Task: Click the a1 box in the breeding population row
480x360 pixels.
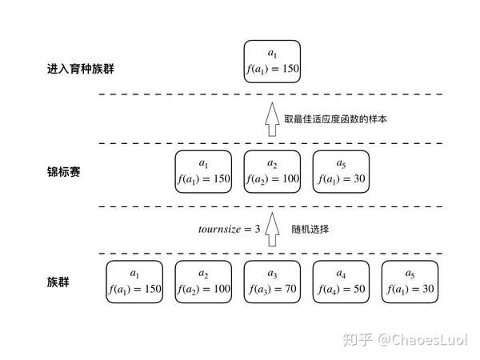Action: coord(272,62)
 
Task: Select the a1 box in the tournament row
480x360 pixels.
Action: coord(203,172)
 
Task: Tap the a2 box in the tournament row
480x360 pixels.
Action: coord(272,172)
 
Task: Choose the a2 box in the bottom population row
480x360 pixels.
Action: coord(203,281)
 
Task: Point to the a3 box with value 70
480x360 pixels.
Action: coord(272,281)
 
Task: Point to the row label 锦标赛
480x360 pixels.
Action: coord(64,172)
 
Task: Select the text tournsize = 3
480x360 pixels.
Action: coord(230,230)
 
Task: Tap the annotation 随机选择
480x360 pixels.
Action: coord(310,230)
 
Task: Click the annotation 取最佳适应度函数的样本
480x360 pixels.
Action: coord(335,119)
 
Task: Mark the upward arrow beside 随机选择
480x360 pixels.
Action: coord(272,227)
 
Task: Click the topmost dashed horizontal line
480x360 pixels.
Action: coord(272,94)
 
